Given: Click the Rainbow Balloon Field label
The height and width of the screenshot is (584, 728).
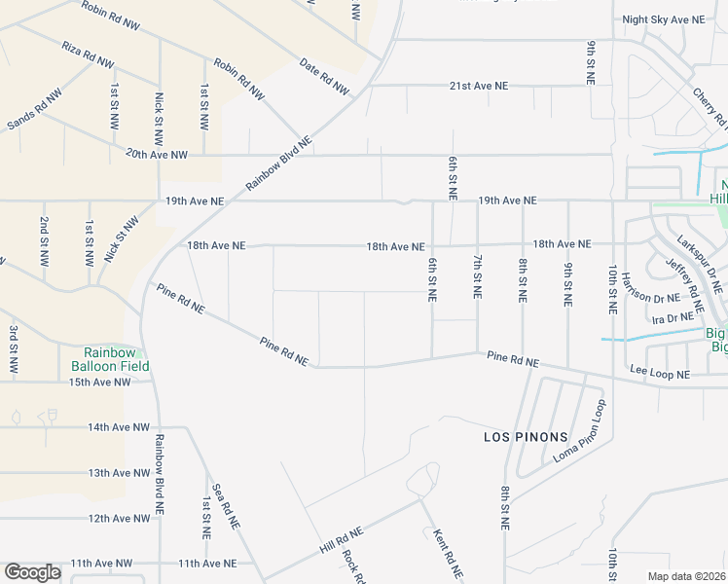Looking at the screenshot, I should pyautogui.click(x=110, y=359).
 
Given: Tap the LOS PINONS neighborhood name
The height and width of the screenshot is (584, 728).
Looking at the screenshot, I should pyautogui.click(x=525, y=437).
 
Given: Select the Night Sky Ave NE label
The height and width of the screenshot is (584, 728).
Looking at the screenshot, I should pyautogui.click(x=663, y=19).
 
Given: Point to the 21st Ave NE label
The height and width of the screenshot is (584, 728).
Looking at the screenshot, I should pyautogui.click(x=479, y=86).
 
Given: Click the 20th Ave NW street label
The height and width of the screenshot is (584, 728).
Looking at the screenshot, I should pyautogui.click(x=156, y=154).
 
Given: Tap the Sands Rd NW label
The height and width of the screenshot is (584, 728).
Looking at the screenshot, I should pyautogui.click(x=33, y=108).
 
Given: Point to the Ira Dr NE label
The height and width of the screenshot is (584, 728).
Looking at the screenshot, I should pyautogui.click(x=672, y=318).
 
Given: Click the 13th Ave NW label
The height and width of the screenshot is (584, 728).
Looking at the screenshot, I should pyautogui.click(x=118, y=473).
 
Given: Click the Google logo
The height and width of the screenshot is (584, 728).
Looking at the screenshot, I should pyautogui.click(x=32, y=572).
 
